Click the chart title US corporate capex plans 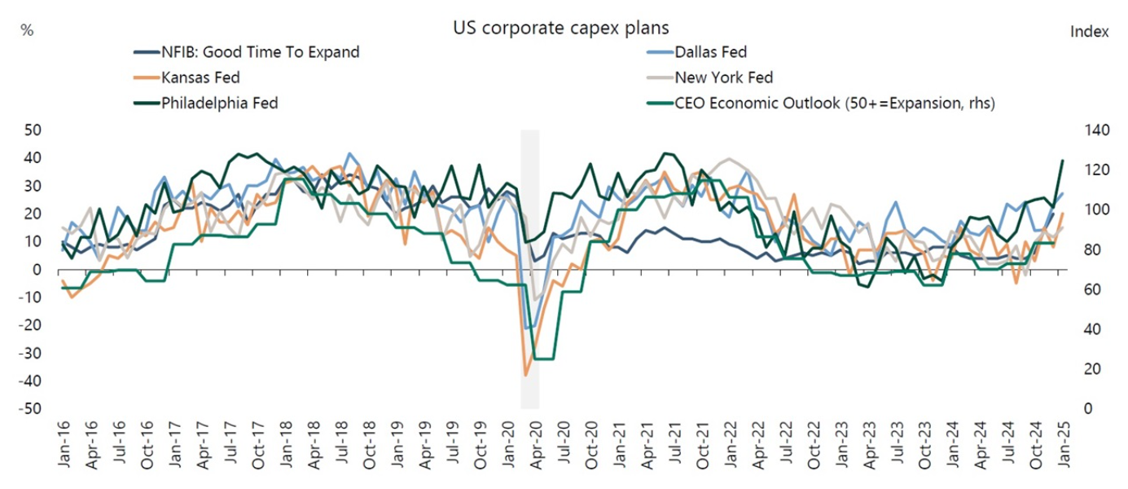click(x=560, y=28)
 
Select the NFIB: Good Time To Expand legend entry click(x=259, y=53)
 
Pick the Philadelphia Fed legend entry click(x=220, y=104)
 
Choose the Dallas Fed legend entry click(x=710, y=53)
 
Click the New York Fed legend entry click(x=723, y=78)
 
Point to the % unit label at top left click(x=27, y=30)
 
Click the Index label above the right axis click(x=1088, y=32)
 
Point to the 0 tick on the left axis click(x=37, y=270)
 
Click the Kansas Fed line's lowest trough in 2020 click(x=526, y=375)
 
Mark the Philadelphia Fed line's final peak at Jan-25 click(x=1063, y=161)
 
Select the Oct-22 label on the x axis click(x=814, y=447)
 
